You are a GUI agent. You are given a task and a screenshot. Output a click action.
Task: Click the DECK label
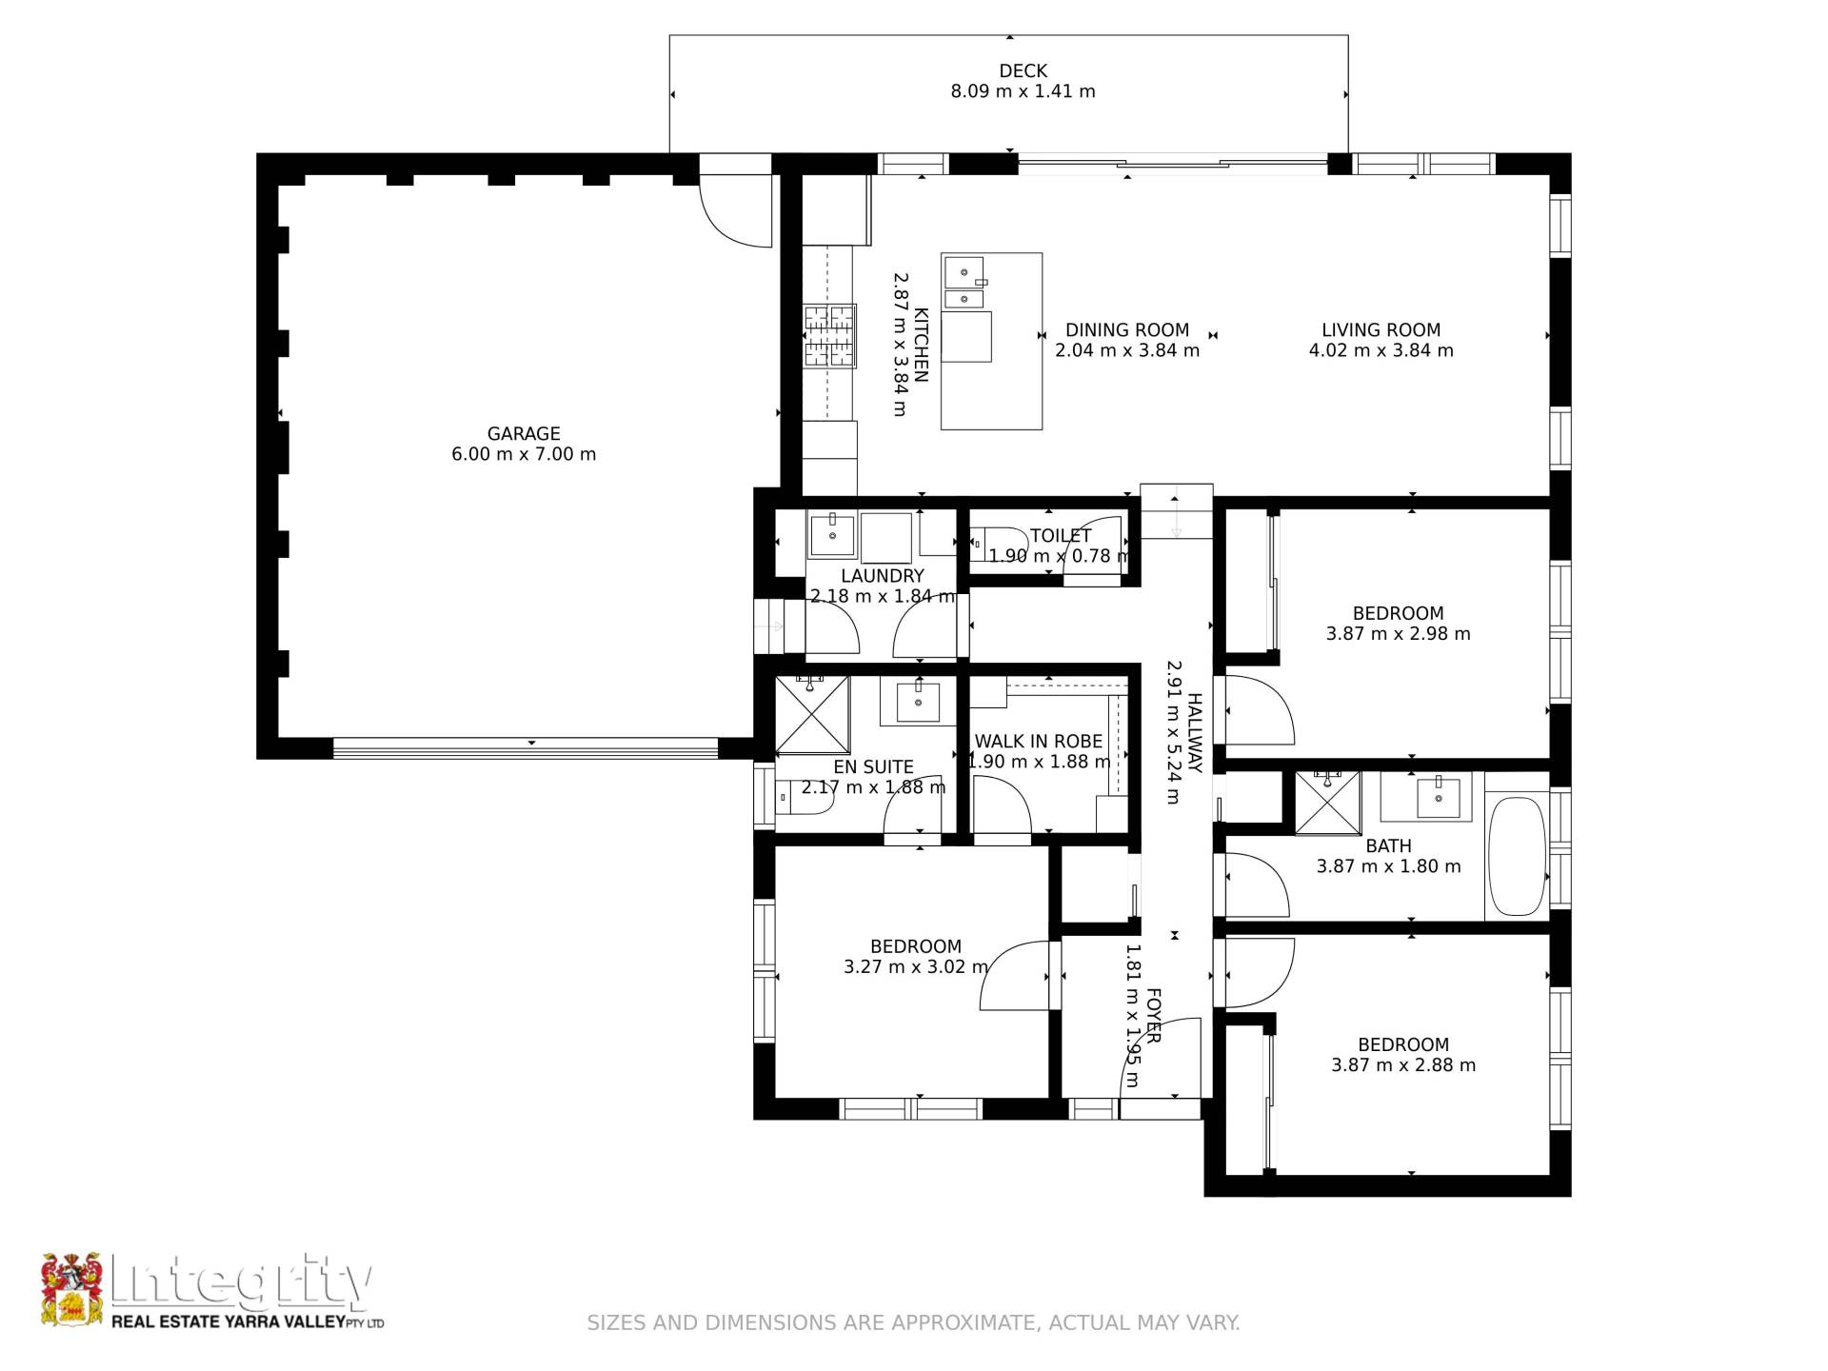tap(1023, 71)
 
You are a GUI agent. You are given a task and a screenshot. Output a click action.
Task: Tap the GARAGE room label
tap(524, 433)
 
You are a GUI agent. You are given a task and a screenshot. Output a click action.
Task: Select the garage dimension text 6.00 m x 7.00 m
tap(524, 454)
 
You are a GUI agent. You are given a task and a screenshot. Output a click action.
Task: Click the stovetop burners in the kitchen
tap(829, 335)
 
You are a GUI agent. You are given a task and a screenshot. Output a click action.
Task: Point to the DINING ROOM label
tap(1127, 330)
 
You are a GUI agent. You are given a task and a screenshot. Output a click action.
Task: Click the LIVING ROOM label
tap(1381, 330)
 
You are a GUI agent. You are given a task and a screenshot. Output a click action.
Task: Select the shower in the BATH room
tap(1327, 804)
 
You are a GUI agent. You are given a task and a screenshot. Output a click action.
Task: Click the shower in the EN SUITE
tap(812, 714)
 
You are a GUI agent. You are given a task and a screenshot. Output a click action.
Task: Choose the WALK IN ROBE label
tap(1038, 742)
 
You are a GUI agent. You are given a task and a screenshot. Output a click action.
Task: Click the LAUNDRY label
tap(883, 576)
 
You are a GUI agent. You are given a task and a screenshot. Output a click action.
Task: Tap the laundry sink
tap(832, 535)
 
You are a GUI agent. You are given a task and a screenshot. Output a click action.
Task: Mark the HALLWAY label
tap(1195, 733)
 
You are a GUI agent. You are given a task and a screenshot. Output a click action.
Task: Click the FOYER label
tap(1152, 1016)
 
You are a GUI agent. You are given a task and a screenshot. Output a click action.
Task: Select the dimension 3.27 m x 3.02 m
tap(916, 967)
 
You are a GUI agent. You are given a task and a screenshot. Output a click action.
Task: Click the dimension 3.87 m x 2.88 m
tap(1403, 1065)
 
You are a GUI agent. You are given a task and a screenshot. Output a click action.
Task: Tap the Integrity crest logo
tap(71, 1289)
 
